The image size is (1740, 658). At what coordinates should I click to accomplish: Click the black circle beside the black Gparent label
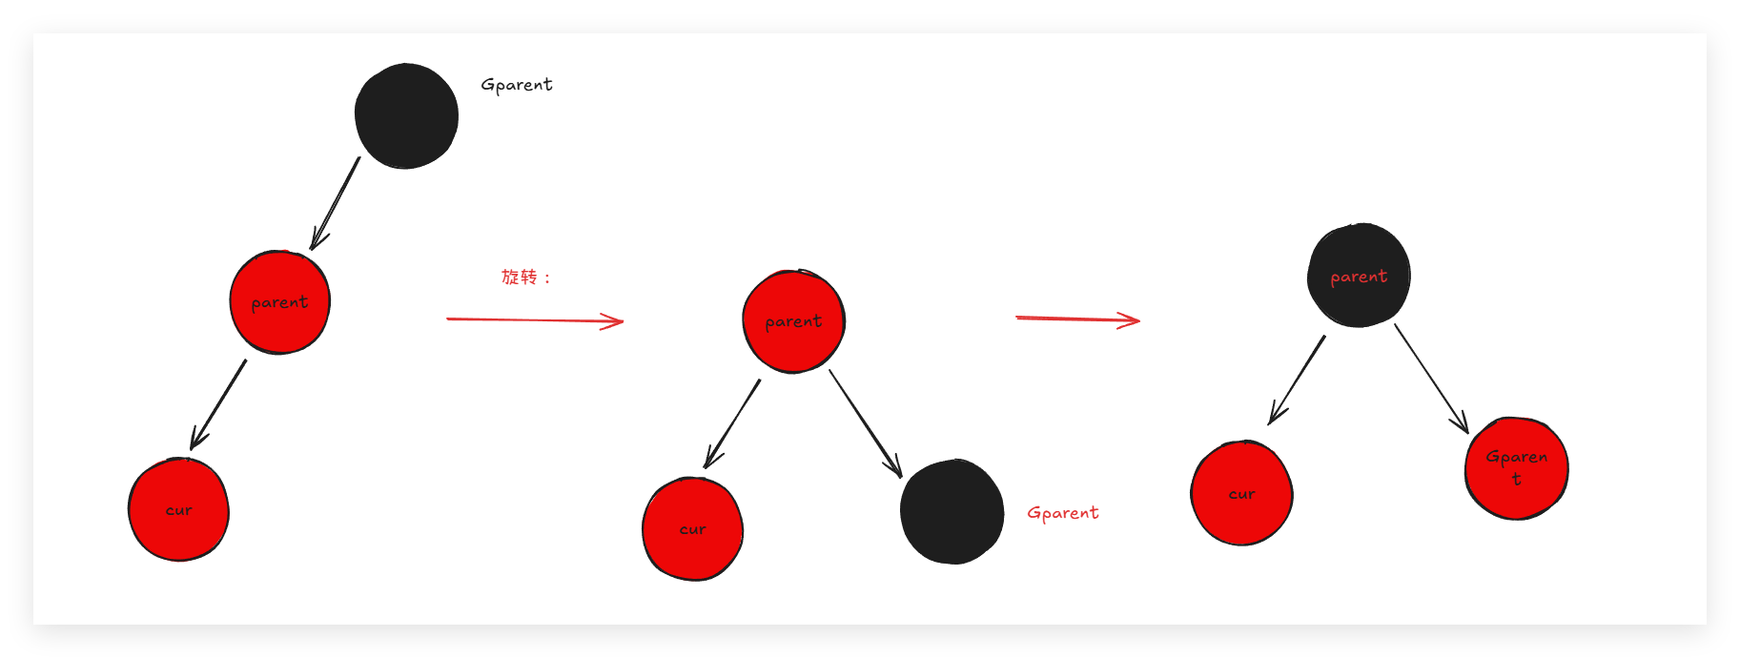click(406, 116)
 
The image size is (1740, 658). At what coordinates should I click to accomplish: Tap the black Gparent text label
click(516, 85)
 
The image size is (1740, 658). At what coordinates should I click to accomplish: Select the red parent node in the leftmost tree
click(279, 302)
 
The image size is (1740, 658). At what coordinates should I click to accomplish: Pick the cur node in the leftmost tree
click(178, 510)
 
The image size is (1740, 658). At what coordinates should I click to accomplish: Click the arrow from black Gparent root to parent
click(336, 203)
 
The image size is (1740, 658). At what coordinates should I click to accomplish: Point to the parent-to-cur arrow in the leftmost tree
click(218, 404)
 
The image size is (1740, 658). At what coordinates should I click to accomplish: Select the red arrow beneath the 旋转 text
click(534, 320)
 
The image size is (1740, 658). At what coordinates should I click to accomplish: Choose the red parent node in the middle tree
click(793, 321)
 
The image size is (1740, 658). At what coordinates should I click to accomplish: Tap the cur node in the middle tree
click(692, 529)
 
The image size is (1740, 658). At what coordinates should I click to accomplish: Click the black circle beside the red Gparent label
click(952, 512)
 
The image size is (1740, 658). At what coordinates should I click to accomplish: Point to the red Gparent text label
click(1062, 513)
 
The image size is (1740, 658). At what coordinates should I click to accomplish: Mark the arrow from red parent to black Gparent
click(865, 422)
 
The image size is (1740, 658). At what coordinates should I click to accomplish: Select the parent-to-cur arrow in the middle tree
click(732, 423)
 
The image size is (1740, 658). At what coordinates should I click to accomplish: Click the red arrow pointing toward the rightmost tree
click(1077, 319)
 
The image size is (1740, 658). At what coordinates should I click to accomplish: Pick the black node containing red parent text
click(1359, 276)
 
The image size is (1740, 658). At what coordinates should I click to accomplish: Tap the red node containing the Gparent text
click(1516, 468)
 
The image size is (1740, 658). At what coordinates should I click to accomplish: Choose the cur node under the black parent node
click(1241, 494)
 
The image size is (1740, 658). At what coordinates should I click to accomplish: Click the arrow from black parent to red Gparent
click(1431, 378)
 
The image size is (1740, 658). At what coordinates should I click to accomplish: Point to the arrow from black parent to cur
click(1297, 380)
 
